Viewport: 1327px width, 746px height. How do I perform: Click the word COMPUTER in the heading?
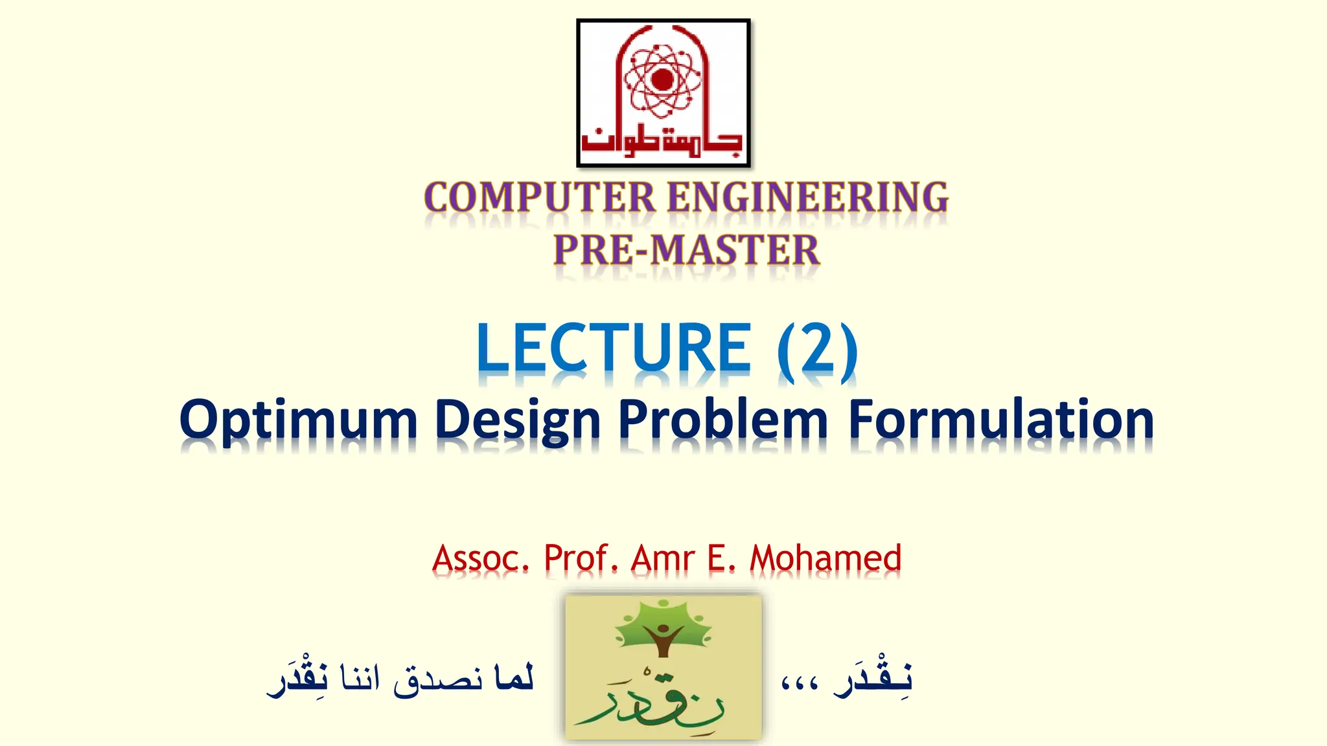click(x=540, y=198)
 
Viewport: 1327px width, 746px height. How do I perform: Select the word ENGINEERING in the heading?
click(x=807, y=198)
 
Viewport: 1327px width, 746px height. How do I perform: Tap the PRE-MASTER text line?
click(x=686, y=251)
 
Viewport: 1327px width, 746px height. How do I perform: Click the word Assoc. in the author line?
click(x=480, y=558)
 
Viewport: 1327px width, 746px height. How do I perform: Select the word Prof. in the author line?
click(x=579, y=558)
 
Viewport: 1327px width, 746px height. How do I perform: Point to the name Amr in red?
click(x=663, y=558)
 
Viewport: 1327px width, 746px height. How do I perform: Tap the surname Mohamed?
click(x=825, y=558)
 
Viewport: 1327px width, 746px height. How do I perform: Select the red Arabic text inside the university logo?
click(x=662, y=140)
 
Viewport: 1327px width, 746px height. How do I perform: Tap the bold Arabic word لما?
click(x=513, y=678)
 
